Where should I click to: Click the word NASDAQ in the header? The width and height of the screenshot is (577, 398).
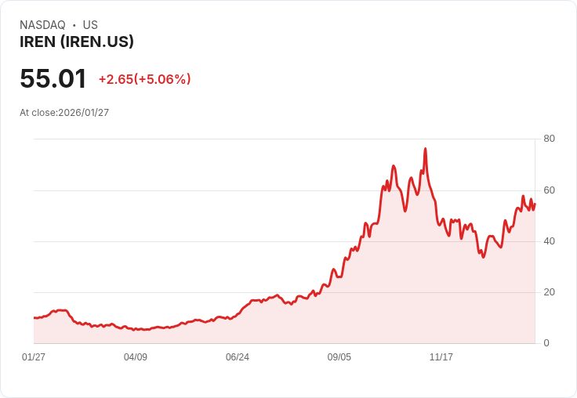(42, 24)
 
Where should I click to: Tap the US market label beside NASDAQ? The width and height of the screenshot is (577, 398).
(90, 24)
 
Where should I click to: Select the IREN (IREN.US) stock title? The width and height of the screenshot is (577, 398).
(77, 42)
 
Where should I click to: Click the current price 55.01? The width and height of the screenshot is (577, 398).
(53, 78)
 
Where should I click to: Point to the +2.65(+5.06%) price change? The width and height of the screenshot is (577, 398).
(144, 79)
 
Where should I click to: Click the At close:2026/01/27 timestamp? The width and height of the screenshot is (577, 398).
(64, 113)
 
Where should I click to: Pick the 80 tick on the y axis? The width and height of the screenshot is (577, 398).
(549, 139)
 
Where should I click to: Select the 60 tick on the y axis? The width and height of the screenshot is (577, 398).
(549, 190)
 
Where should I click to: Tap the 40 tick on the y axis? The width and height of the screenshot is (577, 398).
(549, 241)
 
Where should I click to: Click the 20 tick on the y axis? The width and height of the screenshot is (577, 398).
(549, 292)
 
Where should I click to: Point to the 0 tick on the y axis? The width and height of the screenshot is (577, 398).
(546, 343)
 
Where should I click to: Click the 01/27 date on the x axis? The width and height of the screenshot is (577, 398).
(34, 357)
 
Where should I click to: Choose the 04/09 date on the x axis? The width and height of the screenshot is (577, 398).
(136, 357)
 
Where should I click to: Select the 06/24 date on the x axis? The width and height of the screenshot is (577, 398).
(238, 357)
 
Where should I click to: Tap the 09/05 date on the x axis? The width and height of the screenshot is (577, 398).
(339, 357)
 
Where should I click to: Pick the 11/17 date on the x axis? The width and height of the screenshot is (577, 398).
(441, 357)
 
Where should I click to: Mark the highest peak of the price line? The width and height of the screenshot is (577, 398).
(426, 149)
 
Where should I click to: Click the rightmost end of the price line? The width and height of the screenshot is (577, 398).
(535, 204)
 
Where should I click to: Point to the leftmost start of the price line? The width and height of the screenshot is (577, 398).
(34, 318)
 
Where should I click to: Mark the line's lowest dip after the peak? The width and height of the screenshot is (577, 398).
(484, 257)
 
